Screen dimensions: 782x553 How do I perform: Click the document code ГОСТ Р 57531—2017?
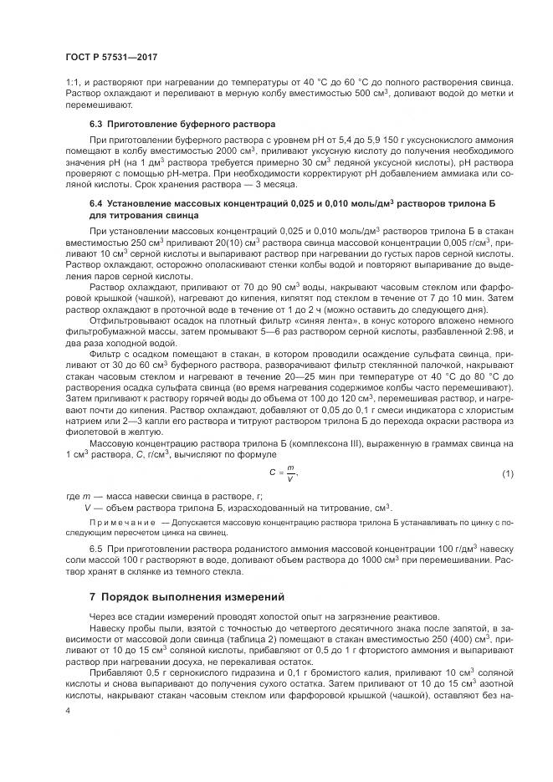110,57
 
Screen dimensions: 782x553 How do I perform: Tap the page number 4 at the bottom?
68,709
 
